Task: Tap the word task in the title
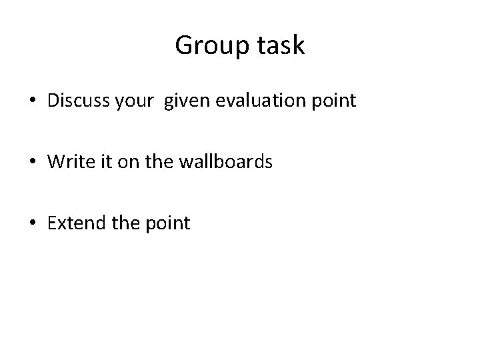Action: point(279,46)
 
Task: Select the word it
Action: point(98,162)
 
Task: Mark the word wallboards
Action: point(219,162)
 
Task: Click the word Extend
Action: point(73,223)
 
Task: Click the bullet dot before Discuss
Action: point(33,102)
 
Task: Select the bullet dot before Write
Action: point(33,163)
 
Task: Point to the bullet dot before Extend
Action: point(33,223)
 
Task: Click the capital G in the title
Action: point(183,46)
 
